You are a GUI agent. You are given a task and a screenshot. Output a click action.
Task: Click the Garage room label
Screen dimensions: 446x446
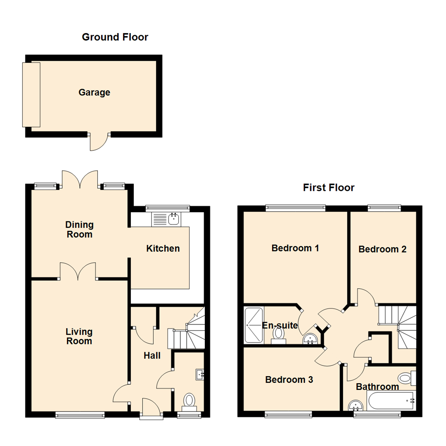(x=94, y=93)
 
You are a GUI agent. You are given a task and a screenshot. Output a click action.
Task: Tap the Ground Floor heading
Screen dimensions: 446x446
(x=115, y=37)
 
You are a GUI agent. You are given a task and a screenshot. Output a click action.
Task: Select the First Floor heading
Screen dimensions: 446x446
(x=329, y=188)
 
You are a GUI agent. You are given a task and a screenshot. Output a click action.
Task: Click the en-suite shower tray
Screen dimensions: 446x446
(x=253, y=325)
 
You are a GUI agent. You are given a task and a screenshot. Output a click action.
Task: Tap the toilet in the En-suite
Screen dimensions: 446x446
(x=279, y=334)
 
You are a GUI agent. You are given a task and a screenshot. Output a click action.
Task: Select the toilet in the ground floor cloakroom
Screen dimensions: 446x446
(x=189, y=401)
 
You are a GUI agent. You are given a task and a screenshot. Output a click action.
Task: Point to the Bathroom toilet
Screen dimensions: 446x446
(x=407, y=377)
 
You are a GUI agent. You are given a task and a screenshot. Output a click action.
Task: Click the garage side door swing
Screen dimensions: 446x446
(x=99, y=142)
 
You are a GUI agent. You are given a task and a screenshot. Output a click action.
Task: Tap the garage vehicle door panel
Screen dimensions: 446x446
(x=31, y=95)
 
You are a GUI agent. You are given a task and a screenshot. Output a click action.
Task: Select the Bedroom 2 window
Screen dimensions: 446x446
(x=384, y=208)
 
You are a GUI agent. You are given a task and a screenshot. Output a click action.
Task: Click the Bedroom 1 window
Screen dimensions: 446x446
(x=295, y=208)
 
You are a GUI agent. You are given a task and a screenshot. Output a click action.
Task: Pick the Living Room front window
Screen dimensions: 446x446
(x=80, y=415)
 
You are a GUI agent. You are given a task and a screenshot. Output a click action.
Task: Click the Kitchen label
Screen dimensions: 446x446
(x=163, y=249)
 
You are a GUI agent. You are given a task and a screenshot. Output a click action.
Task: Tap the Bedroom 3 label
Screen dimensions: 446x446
(x=289, y=380)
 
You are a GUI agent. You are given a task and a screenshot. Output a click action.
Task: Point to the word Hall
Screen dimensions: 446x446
(x=152, y=356)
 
